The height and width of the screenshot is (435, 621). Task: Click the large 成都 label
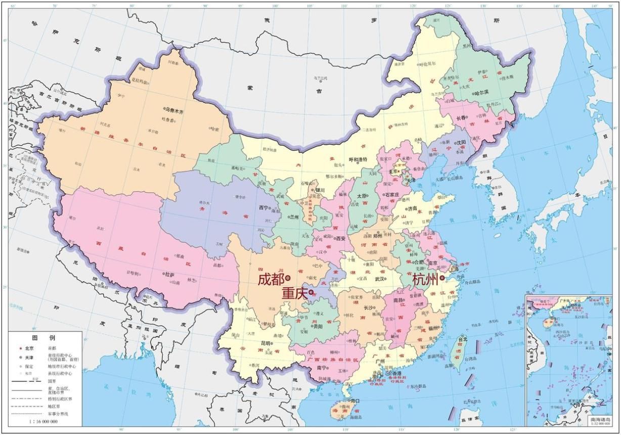(x=271, y=279)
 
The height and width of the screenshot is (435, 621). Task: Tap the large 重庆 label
(x=295, y=293)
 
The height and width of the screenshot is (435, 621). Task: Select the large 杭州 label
(x=425, y=279)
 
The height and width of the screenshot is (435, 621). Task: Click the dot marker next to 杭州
(x=442, y=278)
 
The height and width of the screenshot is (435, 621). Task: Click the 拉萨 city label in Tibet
(x=169, y=274)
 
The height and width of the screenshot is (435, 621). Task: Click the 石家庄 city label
(x=392, y=194)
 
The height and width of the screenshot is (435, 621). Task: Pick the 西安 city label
(x=341, y=238)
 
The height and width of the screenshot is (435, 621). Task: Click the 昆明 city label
(x=266, y=343)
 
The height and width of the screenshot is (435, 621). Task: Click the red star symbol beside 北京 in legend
(x=20, y=349)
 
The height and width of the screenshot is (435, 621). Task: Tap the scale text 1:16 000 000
(x=43, y=421)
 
